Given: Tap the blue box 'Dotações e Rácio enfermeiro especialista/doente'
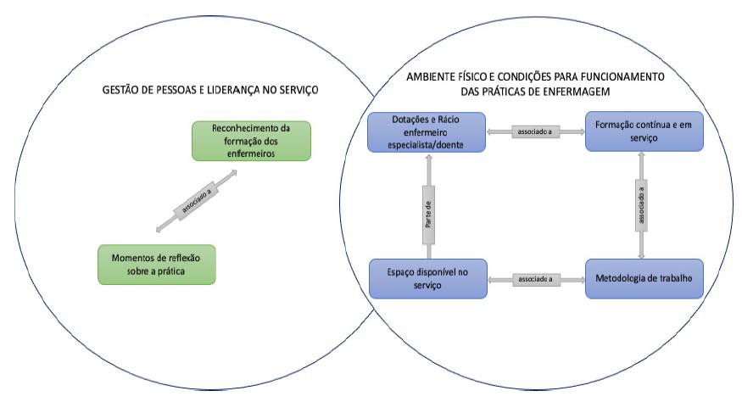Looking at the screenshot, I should point(427,132).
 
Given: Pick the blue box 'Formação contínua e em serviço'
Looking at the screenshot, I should point(644,132).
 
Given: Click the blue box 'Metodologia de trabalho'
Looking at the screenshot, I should point(644,278).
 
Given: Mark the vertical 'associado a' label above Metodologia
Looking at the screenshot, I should point(643,204).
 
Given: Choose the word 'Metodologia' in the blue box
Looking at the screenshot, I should point(626,278).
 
